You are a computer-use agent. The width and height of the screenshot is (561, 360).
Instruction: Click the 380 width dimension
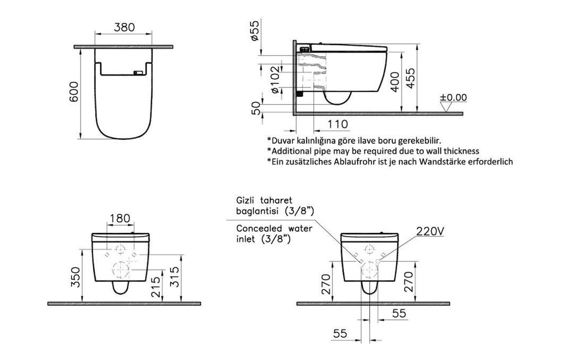click(125, 28)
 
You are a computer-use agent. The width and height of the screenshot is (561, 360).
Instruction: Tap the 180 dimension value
click(119, 218)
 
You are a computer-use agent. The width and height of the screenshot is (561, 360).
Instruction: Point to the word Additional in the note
click(290, 151)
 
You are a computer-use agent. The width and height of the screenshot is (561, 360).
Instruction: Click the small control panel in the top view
click(138, 73)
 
